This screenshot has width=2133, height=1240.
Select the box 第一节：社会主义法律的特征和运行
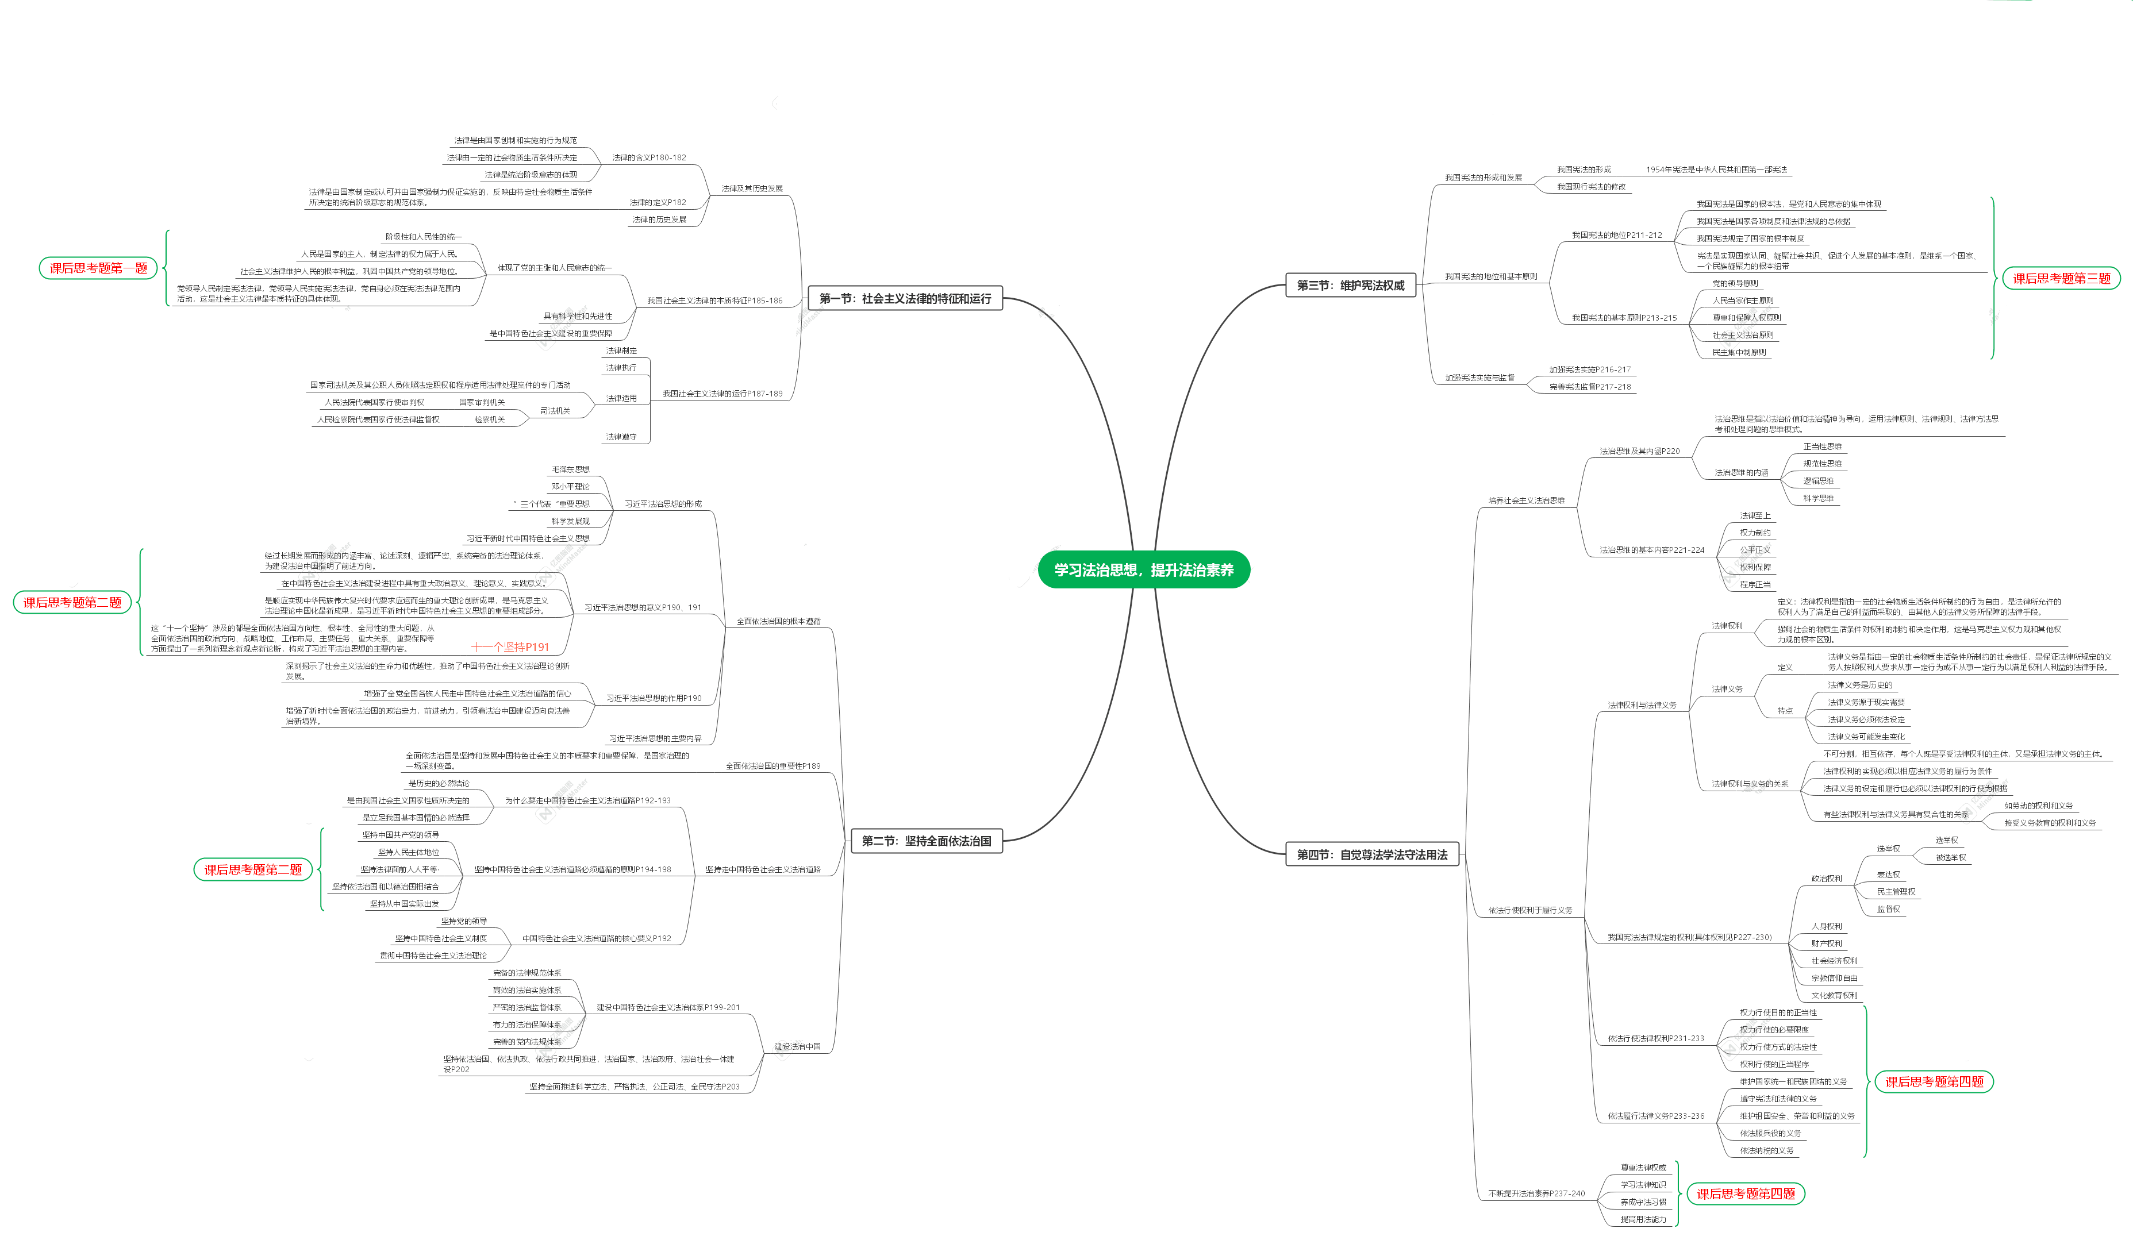coord(904,298)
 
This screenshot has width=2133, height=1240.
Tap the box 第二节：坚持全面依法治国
coord(926,841)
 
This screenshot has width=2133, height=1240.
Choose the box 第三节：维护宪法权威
coord(1350,285)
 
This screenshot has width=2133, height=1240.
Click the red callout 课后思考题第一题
coord(98,267)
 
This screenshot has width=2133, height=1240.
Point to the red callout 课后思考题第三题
coord(2061,278)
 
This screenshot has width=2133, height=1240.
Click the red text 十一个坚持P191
coord(510,646)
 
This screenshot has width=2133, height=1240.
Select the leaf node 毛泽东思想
coord(571,469)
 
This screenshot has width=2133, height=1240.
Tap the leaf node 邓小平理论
coord(571,487)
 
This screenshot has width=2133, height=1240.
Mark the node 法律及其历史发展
coord(752,188)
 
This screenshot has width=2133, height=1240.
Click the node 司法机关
coord(555,410)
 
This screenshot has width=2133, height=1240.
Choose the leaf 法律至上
coord(1755,515)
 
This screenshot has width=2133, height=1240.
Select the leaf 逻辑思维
coord(1817,481)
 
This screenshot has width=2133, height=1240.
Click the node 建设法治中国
coord(797,1046)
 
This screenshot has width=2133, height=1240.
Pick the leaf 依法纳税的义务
coord(1766,1150)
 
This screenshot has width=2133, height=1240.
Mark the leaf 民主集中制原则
coord(1739,352)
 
